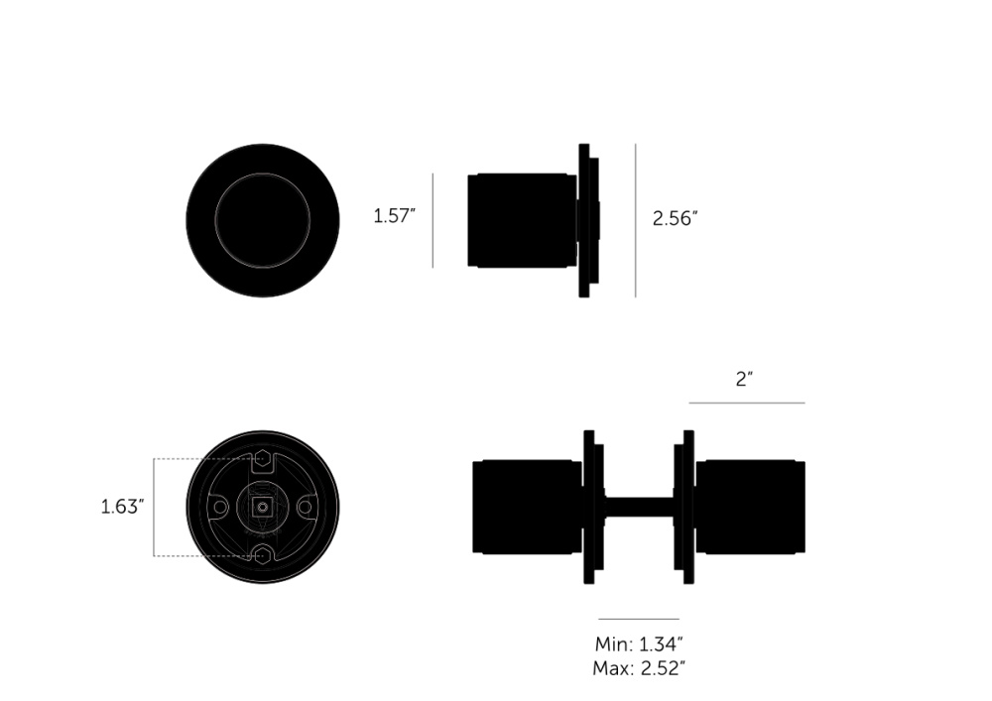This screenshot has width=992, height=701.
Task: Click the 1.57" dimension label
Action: (394, 216)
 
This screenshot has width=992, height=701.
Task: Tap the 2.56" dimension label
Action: (675, 219)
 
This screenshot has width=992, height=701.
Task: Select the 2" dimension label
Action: (745, 380)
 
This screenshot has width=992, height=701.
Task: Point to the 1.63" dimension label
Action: (123, 507)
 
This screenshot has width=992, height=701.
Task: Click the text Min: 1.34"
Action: (639, 644)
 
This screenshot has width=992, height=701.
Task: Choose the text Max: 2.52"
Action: (639, 668)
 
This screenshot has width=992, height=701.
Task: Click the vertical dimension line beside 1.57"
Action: (433, 220)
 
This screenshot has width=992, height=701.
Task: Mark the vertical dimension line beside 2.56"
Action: (636, 220)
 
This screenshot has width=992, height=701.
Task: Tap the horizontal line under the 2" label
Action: (747, 403)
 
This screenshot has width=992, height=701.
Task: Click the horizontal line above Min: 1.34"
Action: (639, 619)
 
